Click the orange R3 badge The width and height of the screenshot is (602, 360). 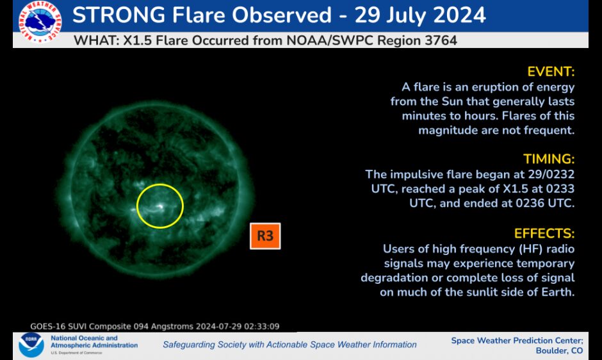(x=265, y=236)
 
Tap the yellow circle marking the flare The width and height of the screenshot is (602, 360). (x=160, y=206)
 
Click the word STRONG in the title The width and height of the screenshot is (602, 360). (x=125, y=15)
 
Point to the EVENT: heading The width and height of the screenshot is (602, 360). (x=551, y=71)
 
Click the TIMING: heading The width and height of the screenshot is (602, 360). (x=549, y=159)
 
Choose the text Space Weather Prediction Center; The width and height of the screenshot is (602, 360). (x=517, y=340)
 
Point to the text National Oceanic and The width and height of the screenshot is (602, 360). (x=84, y=338)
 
